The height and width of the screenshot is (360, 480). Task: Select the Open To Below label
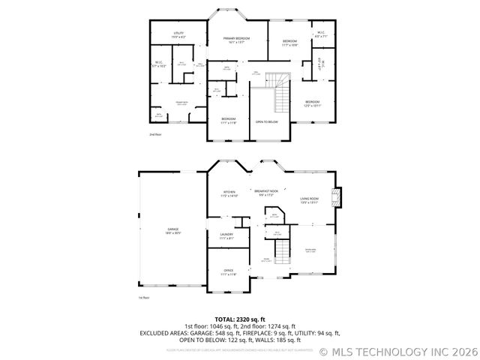(266, 121)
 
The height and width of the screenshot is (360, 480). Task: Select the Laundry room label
(226, 236)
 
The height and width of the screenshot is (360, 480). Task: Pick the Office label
(228, 272)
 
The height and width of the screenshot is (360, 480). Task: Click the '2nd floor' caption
(155, 134)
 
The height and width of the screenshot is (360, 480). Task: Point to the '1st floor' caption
(144, 298)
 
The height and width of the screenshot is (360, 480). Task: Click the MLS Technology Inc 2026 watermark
(398, 350)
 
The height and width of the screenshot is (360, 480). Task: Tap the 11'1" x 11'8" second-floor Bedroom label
(229, 121)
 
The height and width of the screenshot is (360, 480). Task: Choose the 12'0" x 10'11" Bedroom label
(312, 103)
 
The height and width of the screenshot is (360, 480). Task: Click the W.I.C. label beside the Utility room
(159, 64)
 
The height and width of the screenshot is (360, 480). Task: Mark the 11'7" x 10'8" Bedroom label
(289, 43)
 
